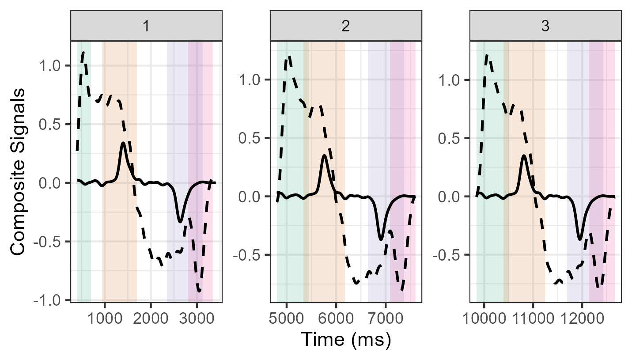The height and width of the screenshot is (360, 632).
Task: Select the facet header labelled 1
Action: coord(146,27)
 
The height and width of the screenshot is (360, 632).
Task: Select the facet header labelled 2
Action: coord(346,27)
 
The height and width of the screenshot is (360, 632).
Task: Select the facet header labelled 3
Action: coord(545,27)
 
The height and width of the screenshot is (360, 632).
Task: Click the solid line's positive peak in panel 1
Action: coord(123,143)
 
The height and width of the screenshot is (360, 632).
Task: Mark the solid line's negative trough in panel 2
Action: coord(381,239)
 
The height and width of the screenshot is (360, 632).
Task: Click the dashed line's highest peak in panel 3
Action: coord(486,55)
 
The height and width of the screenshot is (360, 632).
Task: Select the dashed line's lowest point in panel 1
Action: coord(199,291)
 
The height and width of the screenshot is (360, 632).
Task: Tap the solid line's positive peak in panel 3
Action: coord(524,155)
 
